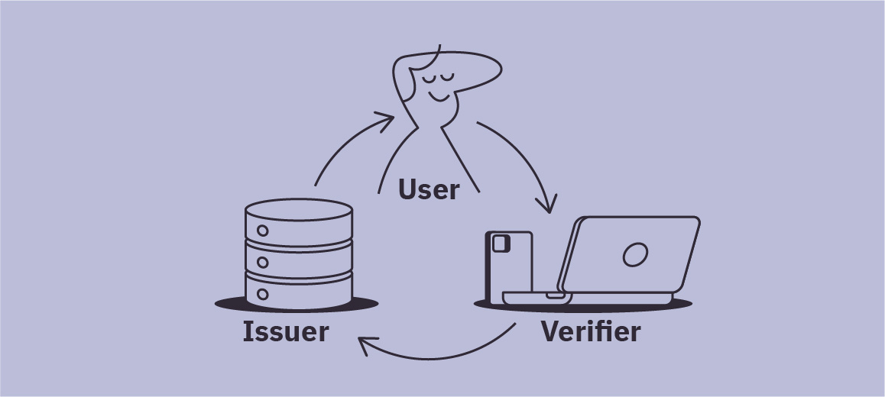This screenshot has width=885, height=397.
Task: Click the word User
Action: (x=429, y=189)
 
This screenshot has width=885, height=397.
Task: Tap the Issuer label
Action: (x=286, y=332)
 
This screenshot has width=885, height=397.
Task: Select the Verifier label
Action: (x=591, y=332)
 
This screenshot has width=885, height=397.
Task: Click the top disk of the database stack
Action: (x=298, y=211)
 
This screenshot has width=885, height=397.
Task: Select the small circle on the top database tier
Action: (x=262, y=230)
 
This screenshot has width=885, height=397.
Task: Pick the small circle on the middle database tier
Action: (x=262, y=262)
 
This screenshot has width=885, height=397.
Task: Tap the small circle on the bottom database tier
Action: (x=262, y=293)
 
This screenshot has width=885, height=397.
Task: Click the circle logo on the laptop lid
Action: (x=635, y=254)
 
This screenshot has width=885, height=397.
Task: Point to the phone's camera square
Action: (x=501, y=244)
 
